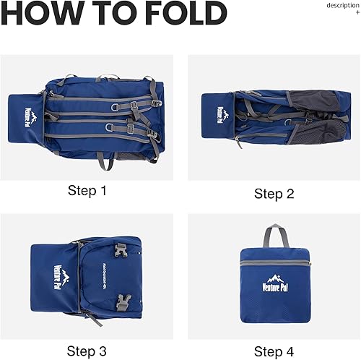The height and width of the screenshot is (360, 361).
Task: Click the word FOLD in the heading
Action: click(187, 14)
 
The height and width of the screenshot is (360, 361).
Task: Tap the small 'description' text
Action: click(342, 5)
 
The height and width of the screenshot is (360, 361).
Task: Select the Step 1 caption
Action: click(87, 191)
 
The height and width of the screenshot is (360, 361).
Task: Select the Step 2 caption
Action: click(274, 193)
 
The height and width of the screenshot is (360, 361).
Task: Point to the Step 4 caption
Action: click(274, 351)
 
